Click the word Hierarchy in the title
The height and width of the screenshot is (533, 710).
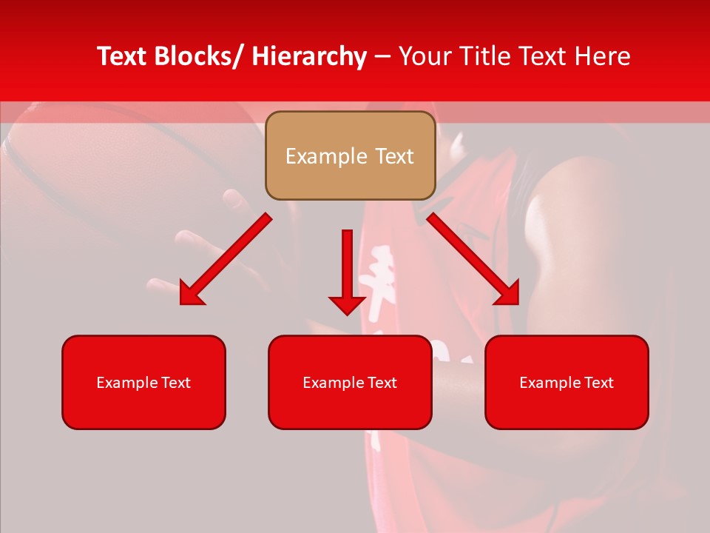click(308, 56)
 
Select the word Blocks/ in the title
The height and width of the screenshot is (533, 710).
click(197, 56)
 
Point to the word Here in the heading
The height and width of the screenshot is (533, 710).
click(602, 56)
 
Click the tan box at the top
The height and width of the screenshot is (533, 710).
click(350, 155)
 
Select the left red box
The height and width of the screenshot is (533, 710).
click(143, 382)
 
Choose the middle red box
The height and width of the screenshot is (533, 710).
click(350, 382)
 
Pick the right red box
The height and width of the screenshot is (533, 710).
click(567, 382)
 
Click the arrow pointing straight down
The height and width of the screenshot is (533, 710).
click(347, 270)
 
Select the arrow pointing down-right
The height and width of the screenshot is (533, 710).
click(473, 259)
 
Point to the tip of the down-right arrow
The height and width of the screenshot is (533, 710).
click(518, 304)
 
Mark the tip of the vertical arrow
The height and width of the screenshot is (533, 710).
click(347, 315)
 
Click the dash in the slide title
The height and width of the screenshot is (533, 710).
click(382, 57)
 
